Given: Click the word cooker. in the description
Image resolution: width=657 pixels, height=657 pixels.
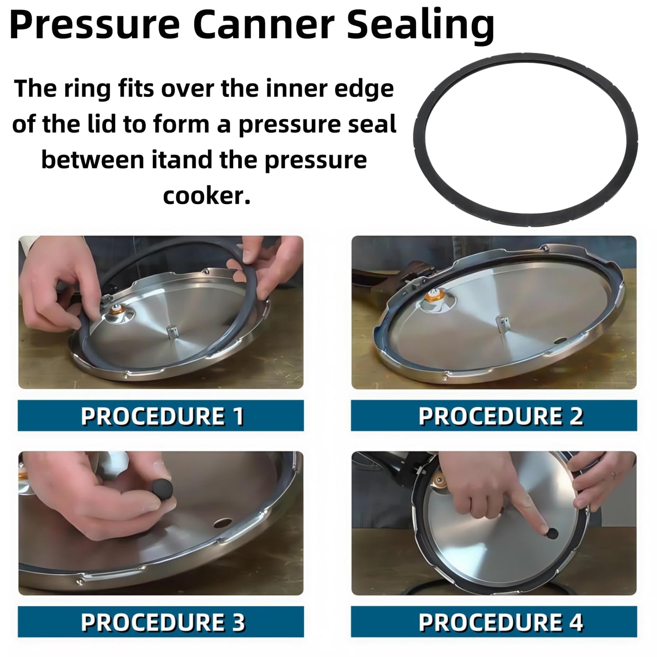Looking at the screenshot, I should (x=206, y=196).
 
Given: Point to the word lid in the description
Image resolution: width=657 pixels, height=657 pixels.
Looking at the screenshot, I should (x=103, y=124).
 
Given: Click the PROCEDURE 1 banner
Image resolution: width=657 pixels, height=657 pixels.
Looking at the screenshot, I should (x=161, y=416).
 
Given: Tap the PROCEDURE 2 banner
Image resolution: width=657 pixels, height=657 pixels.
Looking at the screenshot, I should (x=494, y=416).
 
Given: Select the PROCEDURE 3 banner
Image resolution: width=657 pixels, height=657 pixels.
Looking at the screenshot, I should (x=161, y=622).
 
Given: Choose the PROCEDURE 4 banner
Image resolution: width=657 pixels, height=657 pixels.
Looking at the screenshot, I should (x=494, y=622).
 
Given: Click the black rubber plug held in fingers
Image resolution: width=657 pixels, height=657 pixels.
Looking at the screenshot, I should (x=162, y=490).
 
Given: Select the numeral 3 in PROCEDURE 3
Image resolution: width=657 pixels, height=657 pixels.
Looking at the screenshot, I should (x=238, y=622).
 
